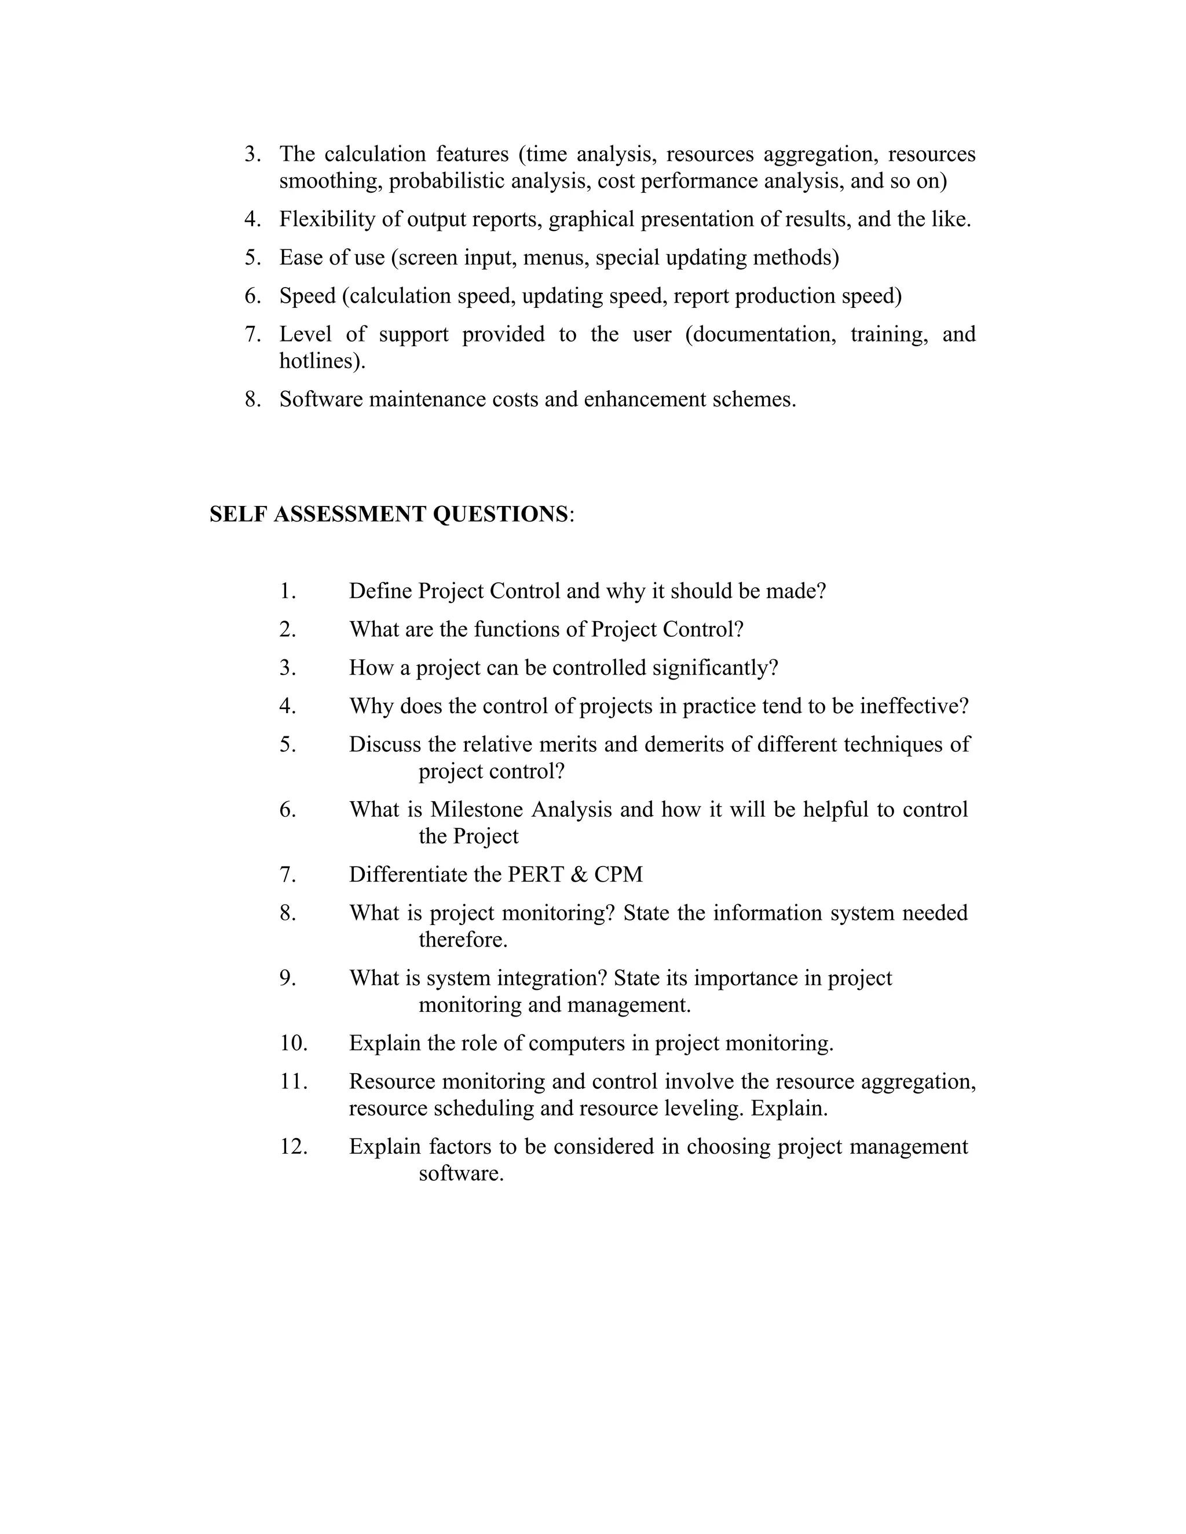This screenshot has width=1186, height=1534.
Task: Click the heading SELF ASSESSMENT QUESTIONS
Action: (389, 514)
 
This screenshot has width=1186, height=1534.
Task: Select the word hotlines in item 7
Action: (320, 361)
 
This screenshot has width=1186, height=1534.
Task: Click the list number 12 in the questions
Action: (293, 1146)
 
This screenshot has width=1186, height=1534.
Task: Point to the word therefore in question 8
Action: (462, 939)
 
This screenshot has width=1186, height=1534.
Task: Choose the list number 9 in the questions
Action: (287, 978)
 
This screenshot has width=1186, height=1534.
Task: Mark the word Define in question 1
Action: (381, 590)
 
